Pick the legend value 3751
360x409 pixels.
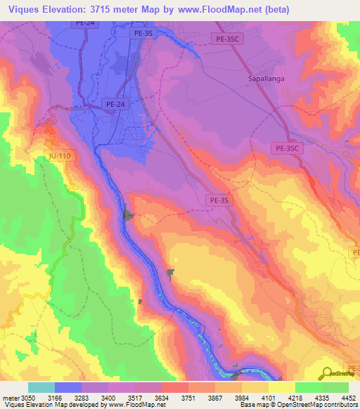(188, 397)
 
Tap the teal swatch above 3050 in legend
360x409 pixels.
(41, 387)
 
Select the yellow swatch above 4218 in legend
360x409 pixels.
(281, 387)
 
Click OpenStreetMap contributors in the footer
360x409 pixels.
(323, 405)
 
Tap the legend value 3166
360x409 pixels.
(56, 397)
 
